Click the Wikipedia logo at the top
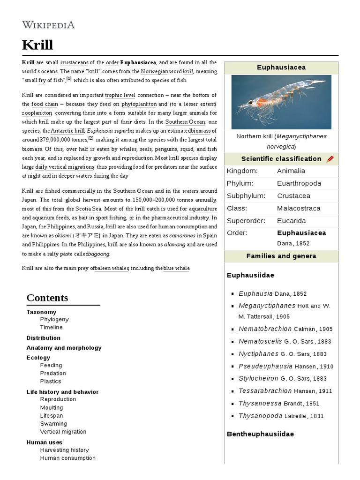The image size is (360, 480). pyautogui.click(x=48, y=25)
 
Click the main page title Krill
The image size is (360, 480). pyautogui.click(x=37, y=45)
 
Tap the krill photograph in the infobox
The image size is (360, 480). pyautogui.click(x=281, y=102)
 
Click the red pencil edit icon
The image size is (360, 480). pyautogui.click(x=330, y=159)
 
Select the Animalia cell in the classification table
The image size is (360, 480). pyautogui.click(x=291, y=171)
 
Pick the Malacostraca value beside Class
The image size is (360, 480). pyautogui.click(x=299, y=208)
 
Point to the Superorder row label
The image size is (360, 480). pyautogui.click(x=246, y=221)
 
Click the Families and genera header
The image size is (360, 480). pyautogui.click(x=281, y=256)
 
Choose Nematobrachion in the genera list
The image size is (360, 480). pyautogui.click(x=265, y=329)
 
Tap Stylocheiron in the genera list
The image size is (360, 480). pyautogui.click(x=258, y=378)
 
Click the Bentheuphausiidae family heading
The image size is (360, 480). pyautogui.click(x=260, y=434)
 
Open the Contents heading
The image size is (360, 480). pyautogui.click(x=47, y=298)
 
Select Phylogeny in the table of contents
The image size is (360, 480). pyautogui.click(x=54, y=320)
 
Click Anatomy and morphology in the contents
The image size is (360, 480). pyautogui.click(x=64, y=348)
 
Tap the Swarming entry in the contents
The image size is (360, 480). pyautogui.click(x=53, y=424)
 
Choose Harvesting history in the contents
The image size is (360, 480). pyautogui.click(x=64, y=450)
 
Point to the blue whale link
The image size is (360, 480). pyautogui.click(x=176, y=268)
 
